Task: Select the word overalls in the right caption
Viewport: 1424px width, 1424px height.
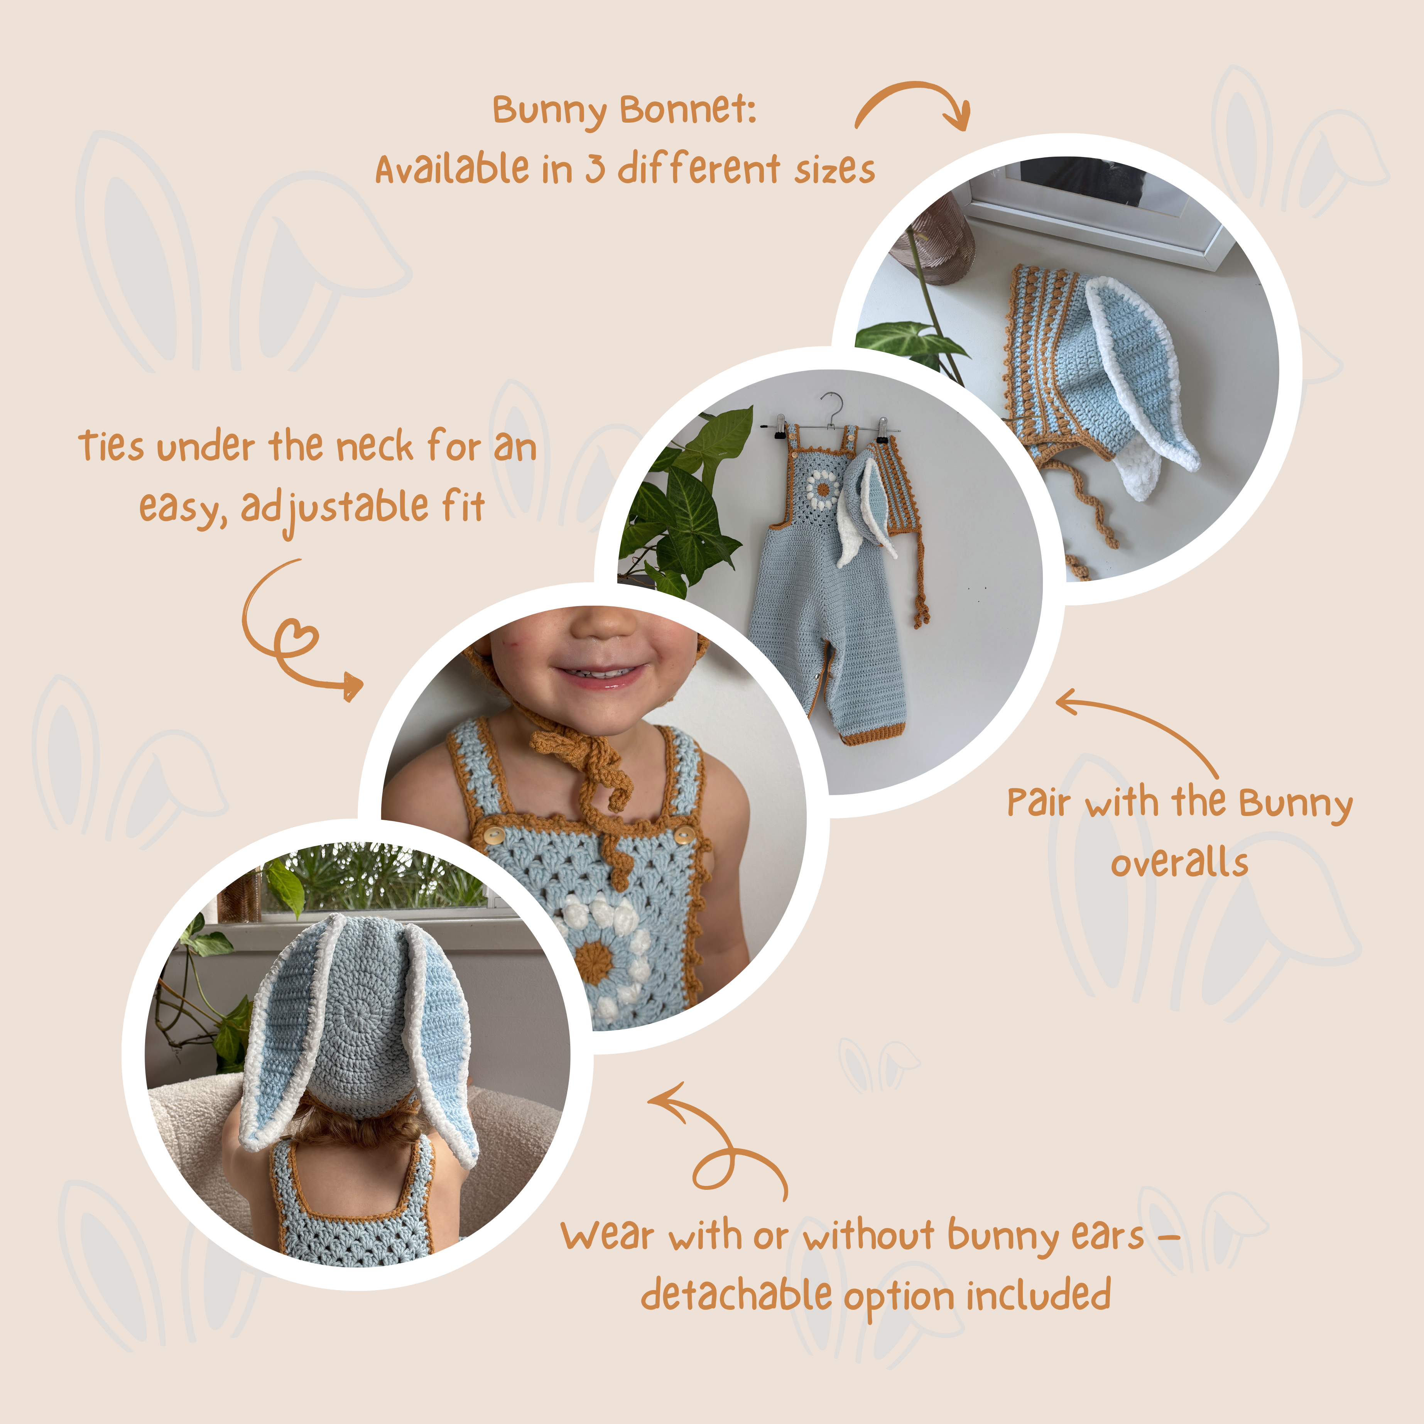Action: [1179, 862]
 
